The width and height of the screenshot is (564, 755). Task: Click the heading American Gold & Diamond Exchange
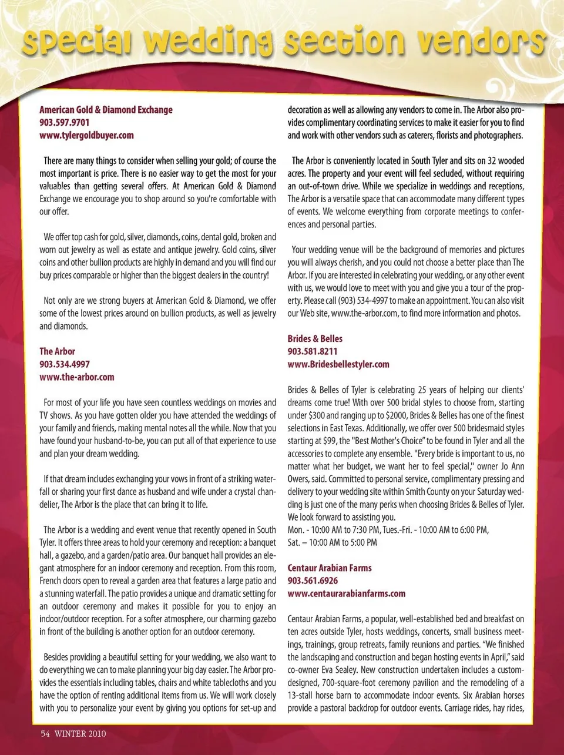(x=106, y=110)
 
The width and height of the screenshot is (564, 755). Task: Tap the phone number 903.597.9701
(x=65, y=122)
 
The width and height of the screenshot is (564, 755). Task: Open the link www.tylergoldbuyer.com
(x=86, y=135)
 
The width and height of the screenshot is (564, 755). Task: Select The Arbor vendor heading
(x=58, y=351)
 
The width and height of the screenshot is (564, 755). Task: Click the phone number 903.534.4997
(x=65, y=364)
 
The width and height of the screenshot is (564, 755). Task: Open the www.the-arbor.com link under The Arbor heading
(x=77, y=377)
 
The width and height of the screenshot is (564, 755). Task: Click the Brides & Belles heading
(x=315, y=338)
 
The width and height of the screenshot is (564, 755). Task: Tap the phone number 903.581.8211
(x=313, y=351)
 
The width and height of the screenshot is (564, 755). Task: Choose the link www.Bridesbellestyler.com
(x=338, y=364)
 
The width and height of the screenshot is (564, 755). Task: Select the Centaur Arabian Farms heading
(x=330, y=568)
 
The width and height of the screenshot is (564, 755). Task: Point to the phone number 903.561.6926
(x=313, y=580)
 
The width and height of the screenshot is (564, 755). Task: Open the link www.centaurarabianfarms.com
(x=347, y=593)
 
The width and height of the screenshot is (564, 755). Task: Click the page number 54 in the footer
(x=45, y=733)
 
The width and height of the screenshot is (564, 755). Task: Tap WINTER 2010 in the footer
(x=80, y=733)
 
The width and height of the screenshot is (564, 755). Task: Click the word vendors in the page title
(x=479, y=42)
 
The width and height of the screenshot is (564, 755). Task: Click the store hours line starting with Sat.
(x=333, y=543)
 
